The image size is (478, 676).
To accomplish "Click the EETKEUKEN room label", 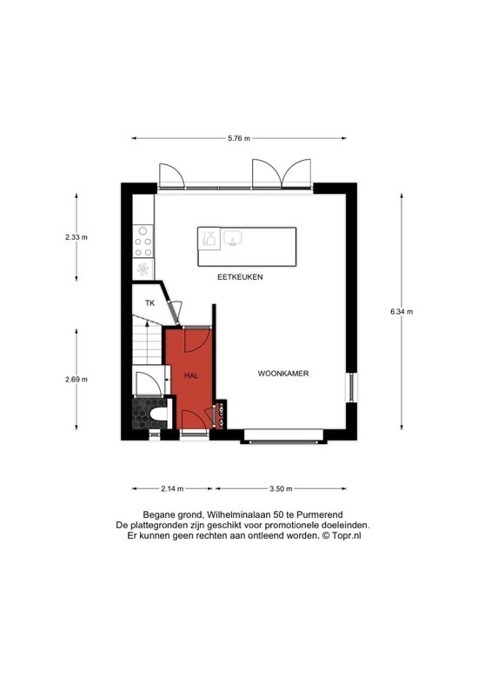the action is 240,277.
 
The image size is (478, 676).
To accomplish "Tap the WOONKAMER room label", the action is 283,374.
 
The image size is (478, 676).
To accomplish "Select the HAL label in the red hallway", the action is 191,376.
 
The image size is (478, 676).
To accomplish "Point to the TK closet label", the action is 149,303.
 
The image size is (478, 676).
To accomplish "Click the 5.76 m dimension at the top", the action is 239,139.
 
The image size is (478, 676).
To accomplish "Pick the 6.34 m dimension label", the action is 402,312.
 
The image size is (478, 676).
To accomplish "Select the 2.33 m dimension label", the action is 76,237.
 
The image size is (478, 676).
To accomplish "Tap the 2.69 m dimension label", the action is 76,380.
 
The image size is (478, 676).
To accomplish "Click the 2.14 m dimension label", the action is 172,489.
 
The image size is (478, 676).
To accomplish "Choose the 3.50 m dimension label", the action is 281,489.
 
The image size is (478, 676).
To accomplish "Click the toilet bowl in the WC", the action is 159,414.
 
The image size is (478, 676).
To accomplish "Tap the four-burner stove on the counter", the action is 143,242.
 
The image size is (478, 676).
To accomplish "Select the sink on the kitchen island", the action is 232,237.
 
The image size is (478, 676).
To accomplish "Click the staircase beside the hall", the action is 147,341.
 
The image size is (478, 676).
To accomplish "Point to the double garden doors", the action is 282,174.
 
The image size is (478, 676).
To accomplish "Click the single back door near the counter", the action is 172,176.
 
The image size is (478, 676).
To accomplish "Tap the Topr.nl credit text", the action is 347,536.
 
